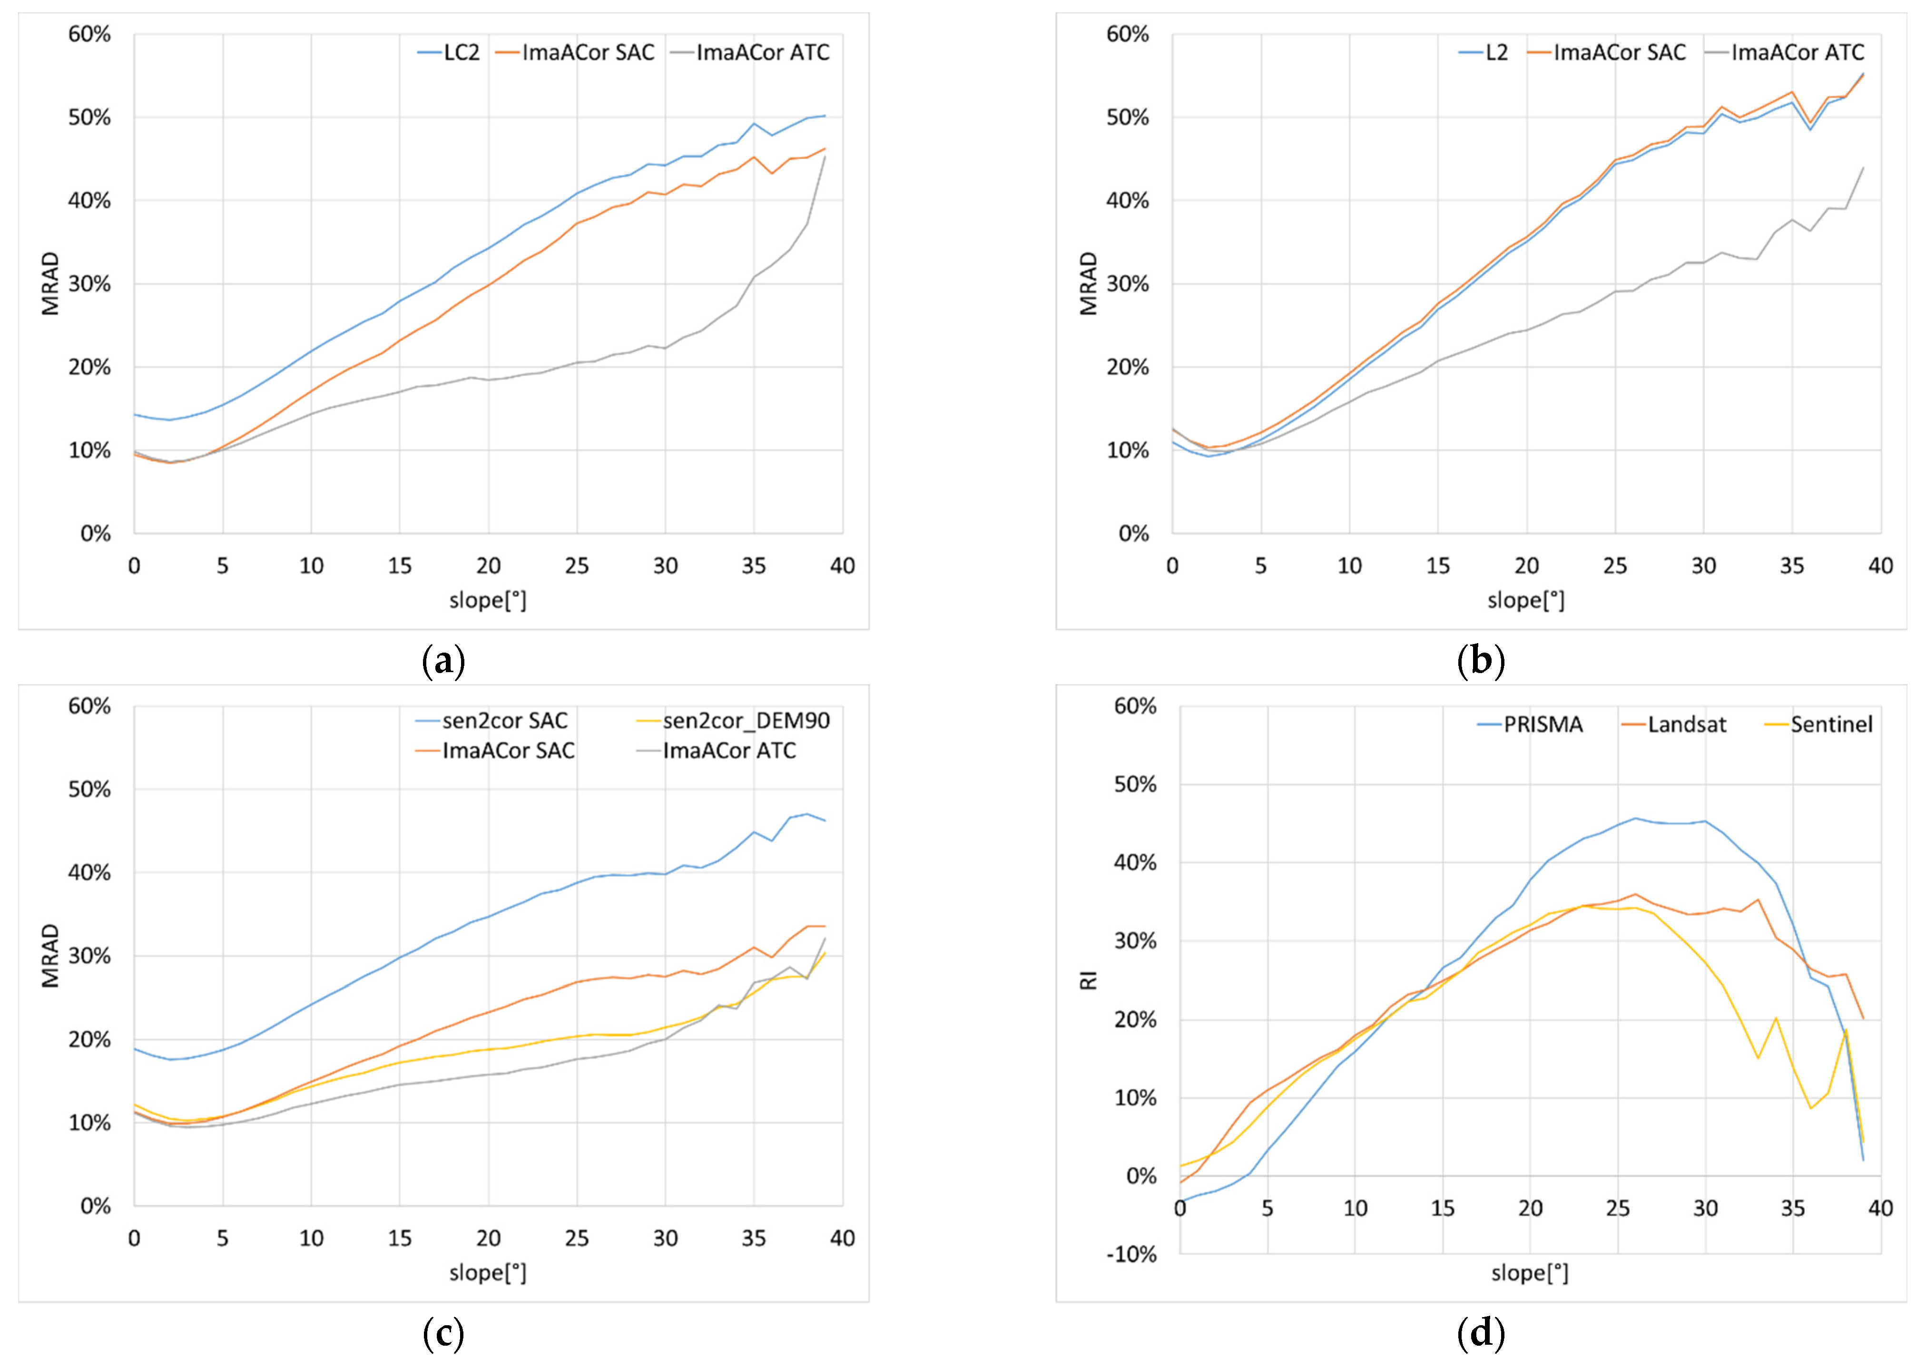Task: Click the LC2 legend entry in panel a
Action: tap(449, 53)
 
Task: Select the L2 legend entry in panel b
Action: tap(1483, 53)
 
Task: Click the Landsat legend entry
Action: tap(1673, 725)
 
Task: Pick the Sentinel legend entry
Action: tap(1818, 725)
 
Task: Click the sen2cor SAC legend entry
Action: tap(491, 721)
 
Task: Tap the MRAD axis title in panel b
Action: tap(1089, 284)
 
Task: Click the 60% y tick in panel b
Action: tap(1128, 34)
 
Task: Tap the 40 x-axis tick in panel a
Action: tap(842, 566)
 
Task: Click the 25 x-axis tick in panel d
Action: tap(1617, 1208)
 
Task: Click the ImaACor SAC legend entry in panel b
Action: tap(1606, 53)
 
